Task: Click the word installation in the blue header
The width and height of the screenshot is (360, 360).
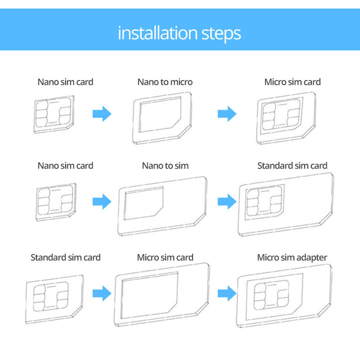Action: (157, 33)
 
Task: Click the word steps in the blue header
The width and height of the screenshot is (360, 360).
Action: (221, 34)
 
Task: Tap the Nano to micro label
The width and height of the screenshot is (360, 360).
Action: (165, 82)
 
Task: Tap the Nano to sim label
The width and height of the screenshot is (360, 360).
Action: (165, 165)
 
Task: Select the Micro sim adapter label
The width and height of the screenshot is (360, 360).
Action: (292, 257)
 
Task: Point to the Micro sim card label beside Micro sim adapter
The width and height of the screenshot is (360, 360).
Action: (165, 257)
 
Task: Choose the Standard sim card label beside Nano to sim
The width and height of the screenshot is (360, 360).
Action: (292, 165)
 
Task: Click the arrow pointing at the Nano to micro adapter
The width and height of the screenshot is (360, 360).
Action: (102, 113)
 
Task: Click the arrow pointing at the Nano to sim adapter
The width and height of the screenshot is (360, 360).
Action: (102, 201)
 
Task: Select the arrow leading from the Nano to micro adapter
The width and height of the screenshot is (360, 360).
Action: (227, 113)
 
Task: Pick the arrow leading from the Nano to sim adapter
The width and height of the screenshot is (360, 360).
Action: (227, 201)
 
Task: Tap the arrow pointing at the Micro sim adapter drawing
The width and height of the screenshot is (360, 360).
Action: (227, 293)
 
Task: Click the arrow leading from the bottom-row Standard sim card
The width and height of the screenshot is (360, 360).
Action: (102, 293)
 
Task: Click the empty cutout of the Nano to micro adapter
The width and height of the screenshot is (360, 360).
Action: (159, 114)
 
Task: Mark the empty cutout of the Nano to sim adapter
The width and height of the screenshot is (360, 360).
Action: (143, 203)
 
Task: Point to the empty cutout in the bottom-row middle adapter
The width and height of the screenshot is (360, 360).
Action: (149, 295)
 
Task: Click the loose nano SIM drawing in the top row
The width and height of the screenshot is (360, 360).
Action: (54, 114)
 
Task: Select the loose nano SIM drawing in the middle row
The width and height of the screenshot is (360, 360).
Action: (56, 202)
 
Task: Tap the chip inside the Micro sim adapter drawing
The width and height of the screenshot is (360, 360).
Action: (271, 295)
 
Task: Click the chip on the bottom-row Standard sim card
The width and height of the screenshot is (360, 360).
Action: (50, 296)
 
